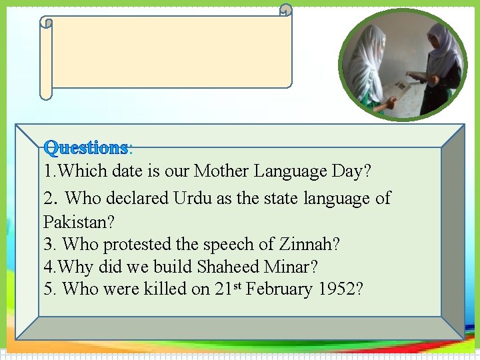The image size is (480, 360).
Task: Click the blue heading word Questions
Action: pyautogui.click(x=85, y=147)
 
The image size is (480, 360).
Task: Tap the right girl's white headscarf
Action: pyautogui.click(x=443, y=47)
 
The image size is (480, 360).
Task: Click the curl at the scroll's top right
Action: pyautogui.click(x=285, y=9)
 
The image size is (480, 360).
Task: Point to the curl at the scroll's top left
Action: pyautogui.click(x=46, y=23)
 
